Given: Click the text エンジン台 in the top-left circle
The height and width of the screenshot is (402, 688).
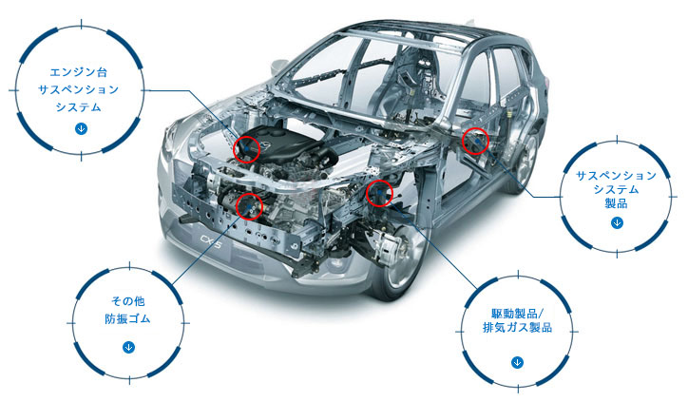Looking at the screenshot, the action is point(79,72).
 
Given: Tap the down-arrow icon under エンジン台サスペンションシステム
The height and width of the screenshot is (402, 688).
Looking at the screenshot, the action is point(81,128).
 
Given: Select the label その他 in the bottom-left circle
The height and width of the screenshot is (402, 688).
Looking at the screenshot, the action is point(127,301).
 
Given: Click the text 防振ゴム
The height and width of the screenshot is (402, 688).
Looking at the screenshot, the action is point(127,318).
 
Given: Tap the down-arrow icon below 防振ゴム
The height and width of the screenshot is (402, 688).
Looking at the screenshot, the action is point(128,347).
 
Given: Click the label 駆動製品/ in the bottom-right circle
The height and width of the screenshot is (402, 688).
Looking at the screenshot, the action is point(517,314).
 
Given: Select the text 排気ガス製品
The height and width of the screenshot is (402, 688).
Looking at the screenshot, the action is point(517,327).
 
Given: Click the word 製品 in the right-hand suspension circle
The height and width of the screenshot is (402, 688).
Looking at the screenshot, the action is point(616,203).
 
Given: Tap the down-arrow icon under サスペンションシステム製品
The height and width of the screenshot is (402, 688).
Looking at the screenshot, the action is point(617,223).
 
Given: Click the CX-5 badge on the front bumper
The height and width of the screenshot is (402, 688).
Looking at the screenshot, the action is point(211,240).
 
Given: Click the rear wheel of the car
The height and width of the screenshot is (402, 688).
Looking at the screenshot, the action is point(523,162).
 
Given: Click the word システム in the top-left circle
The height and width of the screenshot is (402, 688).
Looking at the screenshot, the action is point(79,107).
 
